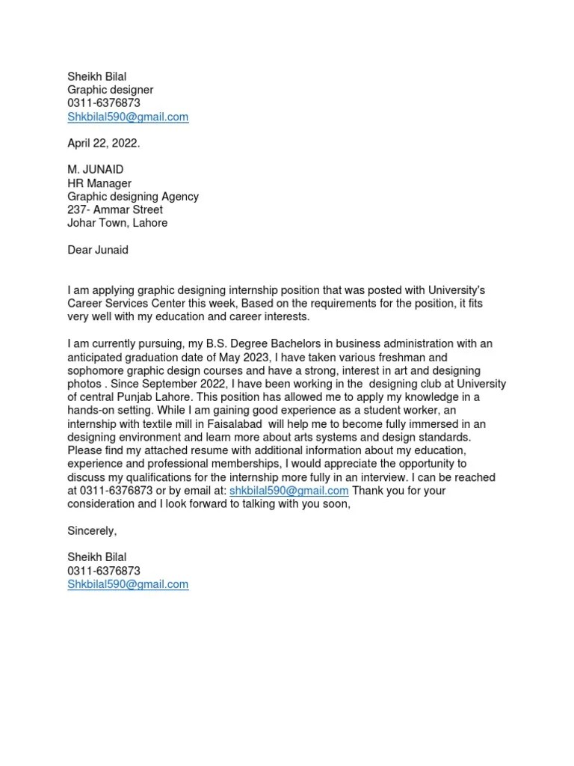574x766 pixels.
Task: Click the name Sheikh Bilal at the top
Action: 97,76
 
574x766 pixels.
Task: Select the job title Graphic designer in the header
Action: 110,89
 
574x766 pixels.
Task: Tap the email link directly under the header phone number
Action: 128,117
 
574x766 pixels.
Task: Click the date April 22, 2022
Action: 103,143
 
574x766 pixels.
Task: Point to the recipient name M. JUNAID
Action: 96,170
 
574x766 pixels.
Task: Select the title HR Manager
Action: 99,183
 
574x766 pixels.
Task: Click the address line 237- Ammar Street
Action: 115,209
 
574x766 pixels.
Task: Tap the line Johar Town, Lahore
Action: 117,223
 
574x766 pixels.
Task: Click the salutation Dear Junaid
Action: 98,250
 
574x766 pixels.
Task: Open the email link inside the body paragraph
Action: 289,491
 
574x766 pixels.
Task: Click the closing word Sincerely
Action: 92,530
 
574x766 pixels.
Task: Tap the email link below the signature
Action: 128,584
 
